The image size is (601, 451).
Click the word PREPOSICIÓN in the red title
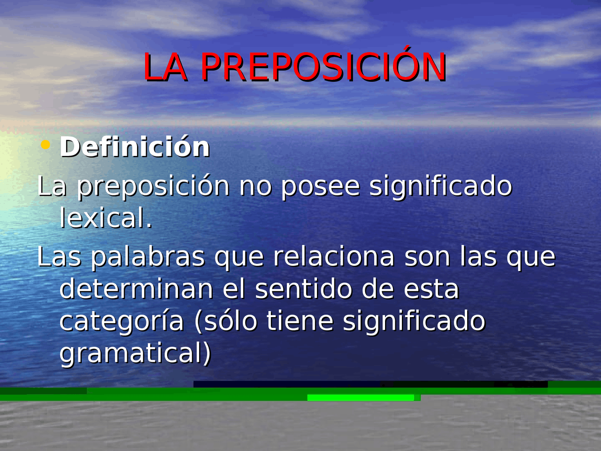coord(323,67)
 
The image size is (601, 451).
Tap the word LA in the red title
coord(165,68)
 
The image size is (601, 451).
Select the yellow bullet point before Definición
coord(46,145)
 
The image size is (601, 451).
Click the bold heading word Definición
coord(135,147)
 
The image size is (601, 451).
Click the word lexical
coord(106,218)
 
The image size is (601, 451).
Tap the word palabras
coord(147,257)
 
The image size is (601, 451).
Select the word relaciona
coord(333,257)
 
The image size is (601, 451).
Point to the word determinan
coord(136,289)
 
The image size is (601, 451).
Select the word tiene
coord(300,321)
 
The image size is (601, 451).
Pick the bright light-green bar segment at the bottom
coord(361,398)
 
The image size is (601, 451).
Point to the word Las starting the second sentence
coord(59,257)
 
